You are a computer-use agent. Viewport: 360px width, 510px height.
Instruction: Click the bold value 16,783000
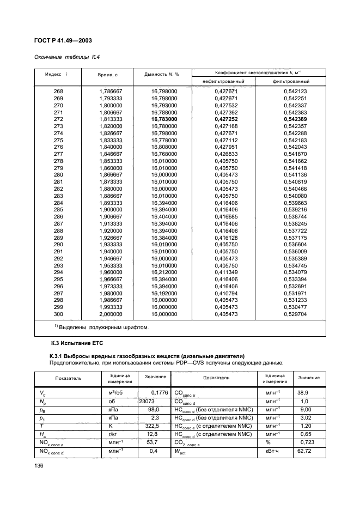click(x=162, y=119)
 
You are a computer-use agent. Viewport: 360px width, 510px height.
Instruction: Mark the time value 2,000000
click(x=111, y=299)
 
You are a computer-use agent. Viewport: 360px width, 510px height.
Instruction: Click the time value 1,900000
click(x=111, y=209)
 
